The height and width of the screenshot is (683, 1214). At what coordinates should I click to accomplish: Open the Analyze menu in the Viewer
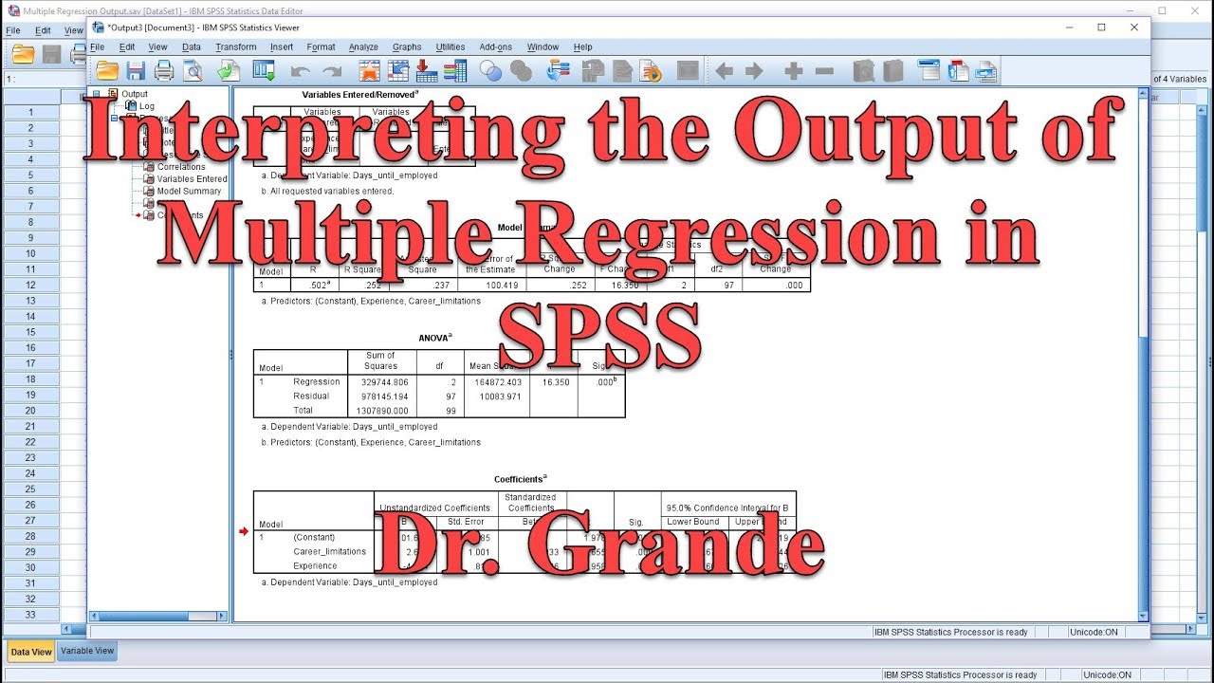[x=363, y=46]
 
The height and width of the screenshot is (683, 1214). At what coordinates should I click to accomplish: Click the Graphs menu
[x=407, y=46]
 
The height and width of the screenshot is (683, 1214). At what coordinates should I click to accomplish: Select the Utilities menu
[x=451, y=46]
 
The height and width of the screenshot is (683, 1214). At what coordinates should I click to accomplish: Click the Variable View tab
[x=87, y=651]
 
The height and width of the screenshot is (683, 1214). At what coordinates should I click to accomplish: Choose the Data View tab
[x=30, y=652]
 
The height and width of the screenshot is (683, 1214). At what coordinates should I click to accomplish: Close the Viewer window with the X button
[x=1134, y=28]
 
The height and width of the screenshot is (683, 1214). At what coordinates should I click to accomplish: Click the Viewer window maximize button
[x=1101, y=28]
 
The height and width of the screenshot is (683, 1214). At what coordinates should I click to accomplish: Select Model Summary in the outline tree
[x=189, y=191]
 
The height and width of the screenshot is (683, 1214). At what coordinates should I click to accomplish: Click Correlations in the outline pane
[x=181, y=166]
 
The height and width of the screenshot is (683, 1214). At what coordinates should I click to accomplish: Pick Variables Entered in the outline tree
[x=192, y=178]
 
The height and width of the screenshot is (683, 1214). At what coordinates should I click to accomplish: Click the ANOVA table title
[x=435, y=337]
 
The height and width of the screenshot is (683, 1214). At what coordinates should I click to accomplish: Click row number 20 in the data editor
[x=30, y=411]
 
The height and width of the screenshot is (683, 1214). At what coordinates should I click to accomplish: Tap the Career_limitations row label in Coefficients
[x=329, y=551]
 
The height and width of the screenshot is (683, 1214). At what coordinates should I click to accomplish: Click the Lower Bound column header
[x=693, y=522]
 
